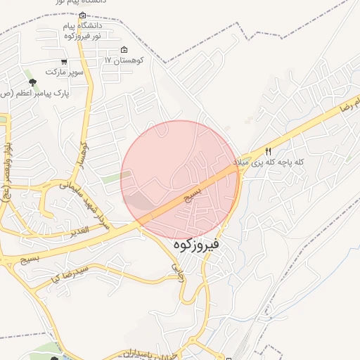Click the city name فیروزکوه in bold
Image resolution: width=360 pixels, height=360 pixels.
195,245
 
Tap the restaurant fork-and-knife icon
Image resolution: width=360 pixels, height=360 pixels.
268,152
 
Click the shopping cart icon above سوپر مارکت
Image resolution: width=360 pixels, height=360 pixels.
64,62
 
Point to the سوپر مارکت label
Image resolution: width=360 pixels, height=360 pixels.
65,72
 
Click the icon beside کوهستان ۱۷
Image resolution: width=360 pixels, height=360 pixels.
124,50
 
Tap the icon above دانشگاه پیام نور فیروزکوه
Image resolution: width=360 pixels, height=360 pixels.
83,15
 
